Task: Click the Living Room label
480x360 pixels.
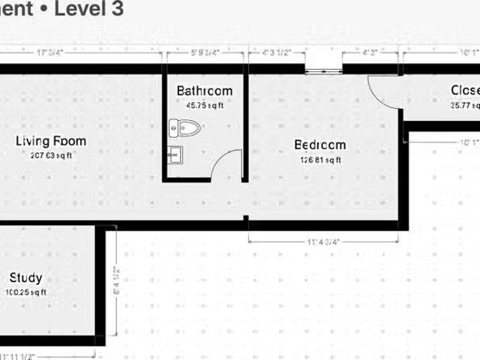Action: pyautogui.click(x=51, y=141)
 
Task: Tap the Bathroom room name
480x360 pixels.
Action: pyautogui.click(x=205, y=91)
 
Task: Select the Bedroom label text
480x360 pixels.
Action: pyautogui.click(x=320, y=145)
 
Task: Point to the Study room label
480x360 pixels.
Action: pyautogui.click(x=25, y=277)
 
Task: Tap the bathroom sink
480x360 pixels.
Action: pyautogui.click(x=175, y=154)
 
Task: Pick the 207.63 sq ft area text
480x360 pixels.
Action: pyautogui.click(x=51, y=156)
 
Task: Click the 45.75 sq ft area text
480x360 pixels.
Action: pyautogui.click(x=205, y=106)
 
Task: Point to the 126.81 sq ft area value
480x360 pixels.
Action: pyautogui.click(x=320, y=159)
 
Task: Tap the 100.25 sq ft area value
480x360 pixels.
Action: pyautogui.click(x=25, y=292)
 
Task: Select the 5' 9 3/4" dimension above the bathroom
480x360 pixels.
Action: pyautogui.click(x=205, y=52)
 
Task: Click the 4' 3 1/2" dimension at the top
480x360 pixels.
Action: pyautogui.click(x=277, y=52)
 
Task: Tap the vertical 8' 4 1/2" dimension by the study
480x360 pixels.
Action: pyautogui.click(x=116, y=281)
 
